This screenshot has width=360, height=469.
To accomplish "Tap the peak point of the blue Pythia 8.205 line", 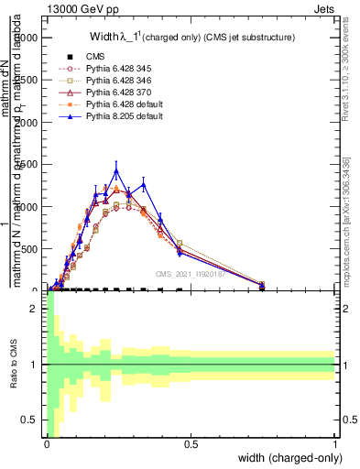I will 116,170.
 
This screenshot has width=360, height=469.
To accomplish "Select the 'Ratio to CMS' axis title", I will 12,377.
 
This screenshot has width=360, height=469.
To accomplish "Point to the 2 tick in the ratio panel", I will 37,309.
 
